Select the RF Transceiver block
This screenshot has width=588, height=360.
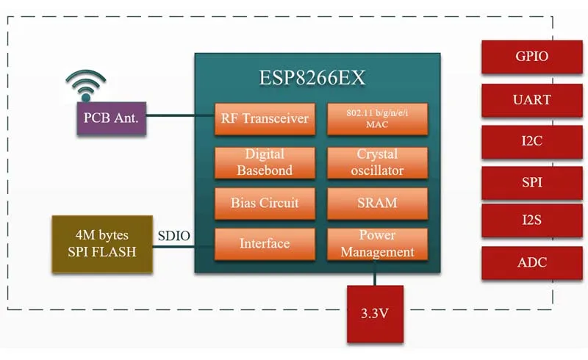pos(265,119)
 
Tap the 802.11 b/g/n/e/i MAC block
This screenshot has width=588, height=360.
pos(376,119)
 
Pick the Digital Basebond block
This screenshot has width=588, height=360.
pos(265,162)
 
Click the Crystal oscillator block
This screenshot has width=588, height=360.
pos(376,162)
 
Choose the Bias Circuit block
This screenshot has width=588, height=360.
pos(265,203)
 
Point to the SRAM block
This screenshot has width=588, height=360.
pos(376,203)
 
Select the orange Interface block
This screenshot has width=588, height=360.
pos(265,243)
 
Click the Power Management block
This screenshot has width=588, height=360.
pos(376,243)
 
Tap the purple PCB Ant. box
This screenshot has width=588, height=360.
pos(111,118)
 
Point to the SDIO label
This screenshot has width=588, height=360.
pos(174,236)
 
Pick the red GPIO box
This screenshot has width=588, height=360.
pos(531,57)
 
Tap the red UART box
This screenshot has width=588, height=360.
pos(531,99)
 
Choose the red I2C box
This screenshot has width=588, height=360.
pos(531,141)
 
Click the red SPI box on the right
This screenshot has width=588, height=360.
pos(531,181)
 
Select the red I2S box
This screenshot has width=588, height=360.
pos(531,220)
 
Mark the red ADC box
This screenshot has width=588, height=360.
pos(531,263)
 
